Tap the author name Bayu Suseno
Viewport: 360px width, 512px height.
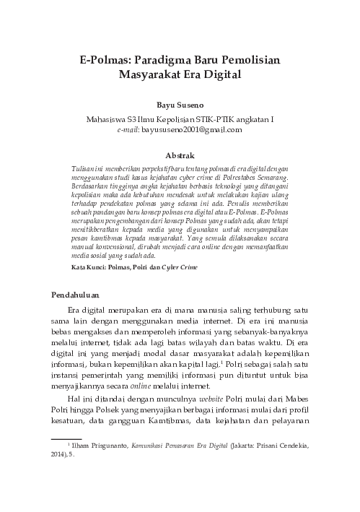pos(180,105)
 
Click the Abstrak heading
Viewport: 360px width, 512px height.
pos(180,155)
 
